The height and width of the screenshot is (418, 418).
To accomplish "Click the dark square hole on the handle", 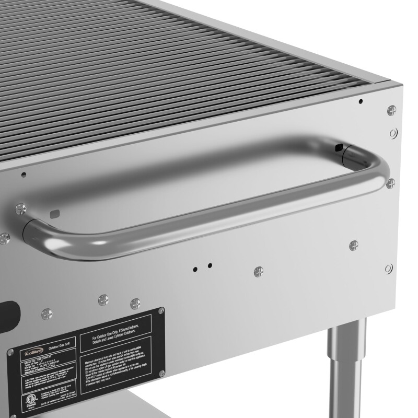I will click(339, 148).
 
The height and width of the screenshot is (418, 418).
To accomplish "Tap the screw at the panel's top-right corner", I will click(392, 110).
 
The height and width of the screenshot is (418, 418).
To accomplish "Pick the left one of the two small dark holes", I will click(195, 270).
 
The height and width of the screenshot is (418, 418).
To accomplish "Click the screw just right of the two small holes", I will click(258, 271).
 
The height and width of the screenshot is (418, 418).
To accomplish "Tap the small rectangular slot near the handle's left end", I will click(54, 213).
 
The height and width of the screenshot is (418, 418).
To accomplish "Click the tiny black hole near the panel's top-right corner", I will click(361, 101).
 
